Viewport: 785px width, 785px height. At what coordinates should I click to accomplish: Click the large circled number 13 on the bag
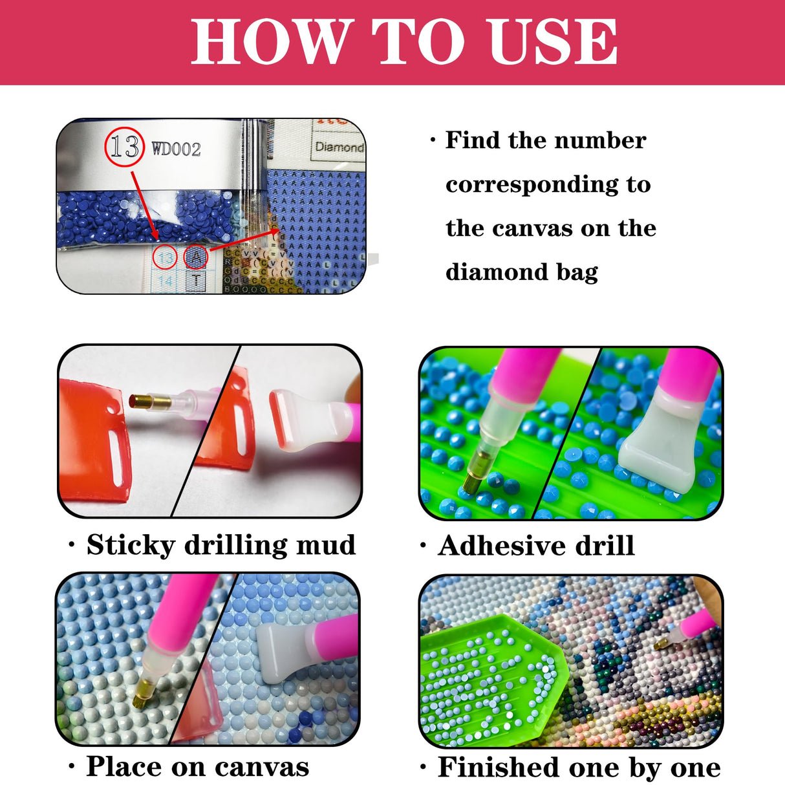point(124,147)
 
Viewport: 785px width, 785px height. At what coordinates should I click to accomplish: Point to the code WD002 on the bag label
point(176,149)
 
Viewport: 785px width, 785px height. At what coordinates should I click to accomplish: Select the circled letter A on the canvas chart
point(196,257)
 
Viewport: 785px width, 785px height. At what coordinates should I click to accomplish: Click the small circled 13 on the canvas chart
point(165,258)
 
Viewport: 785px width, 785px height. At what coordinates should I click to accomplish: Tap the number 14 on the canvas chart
point(166,281)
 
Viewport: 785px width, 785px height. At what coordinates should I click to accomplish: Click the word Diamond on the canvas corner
point(339,147)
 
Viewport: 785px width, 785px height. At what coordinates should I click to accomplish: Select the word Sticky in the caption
point(131,545)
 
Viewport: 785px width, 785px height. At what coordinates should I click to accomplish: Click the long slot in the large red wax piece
point(117,456)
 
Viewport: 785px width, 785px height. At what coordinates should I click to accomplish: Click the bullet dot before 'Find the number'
point(433,141)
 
